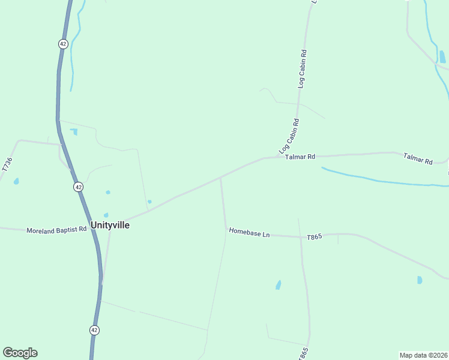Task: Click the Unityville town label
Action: pyautogui.click(x=110, y=225)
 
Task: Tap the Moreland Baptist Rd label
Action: pyautogui.click(x=56, y=230)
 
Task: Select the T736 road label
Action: pyautogui.click(x=7, y=165)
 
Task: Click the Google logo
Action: pyautogui.click(x=20, y=353)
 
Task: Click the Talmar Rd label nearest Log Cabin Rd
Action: pyautogui.click(x=300, y=157)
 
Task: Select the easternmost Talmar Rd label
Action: pyautogui.click(x=418, y=159)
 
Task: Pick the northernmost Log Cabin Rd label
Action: pyautogui.click(x=302, y=69)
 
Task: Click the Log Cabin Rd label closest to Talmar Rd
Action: pyautogui.click(x=289, y=136)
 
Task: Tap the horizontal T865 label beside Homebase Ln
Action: pyautogui.click(x=315, y=237)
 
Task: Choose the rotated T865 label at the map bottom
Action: pyautogui.click(x=303, y=353)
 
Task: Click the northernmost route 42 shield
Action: pyautogui.click(x=63, y=44)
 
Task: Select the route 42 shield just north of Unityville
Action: pyautogui.click(x=79, y=187)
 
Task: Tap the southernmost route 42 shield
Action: pyautogui.click(x=94, y=330)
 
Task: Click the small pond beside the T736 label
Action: pyautogui.click(x=16, y=181)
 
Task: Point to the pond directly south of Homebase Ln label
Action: pyautogui.click(x=278, y=284)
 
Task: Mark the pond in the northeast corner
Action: pyautogui.click(x=442, y=56)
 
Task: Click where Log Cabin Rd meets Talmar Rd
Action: pyautogui.click(x=281, y=157)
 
